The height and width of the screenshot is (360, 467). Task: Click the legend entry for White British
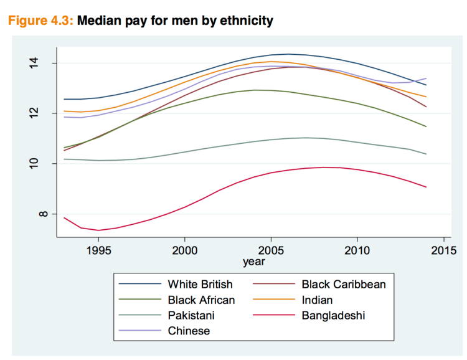click(x=200, y=285)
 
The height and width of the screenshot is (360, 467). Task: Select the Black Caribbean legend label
click(x=344, y=285)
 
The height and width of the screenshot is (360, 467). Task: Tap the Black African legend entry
click(x=201, y=300)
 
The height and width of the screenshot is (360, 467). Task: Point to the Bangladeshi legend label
click(x=333, y=316)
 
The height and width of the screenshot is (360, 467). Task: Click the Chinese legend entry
click(x=189, y=331)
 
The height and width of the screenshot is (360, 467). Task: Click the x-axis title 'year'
click(x=253, y=261)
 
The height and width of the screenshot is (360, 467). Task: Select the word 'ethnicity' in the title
click(x=242, y=21)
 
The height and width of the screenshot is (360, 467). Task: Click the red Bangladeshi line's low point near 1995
click(x=98, y=230)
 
